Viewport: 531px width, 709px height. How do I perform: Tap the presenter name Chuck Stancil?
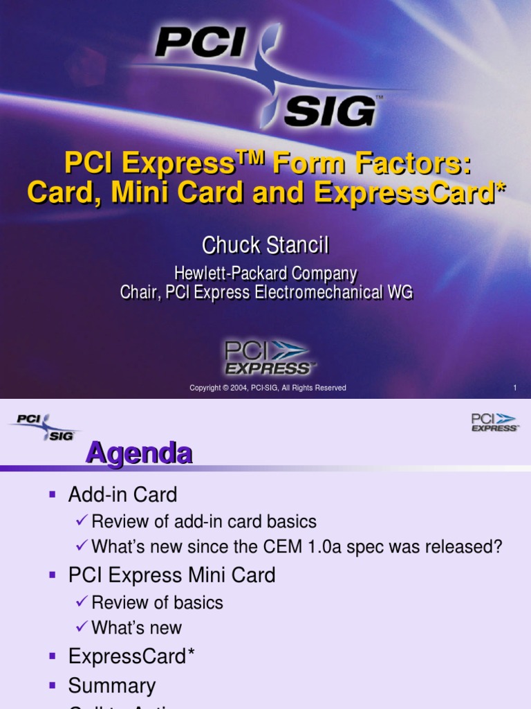(x=265, y=244)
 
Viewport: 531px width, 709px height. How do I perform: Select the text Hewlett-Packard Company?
(x=266, y=273)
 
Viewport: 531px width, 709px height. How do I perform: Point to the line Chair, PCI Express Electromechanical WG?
(x=266, y=292)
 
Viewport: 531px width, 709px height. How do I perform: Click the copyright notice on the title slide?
(x=268, y=388)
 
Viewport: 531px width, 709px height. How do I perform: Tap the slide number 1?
(x=514, y=388)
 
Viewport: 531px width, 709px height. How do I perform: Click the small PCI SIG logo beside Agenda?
(x=44, y=427)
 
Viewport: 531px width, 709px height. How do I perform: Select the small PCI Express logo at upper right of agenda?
(x=494, y=422)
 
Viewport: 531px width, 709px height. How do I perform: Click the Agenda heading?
(x=138, y=454)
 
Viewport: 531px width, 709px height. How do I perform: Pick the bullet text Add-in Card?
(x=122, y=494)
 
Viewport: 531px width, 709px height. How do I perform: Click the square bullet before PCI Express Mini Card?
(x=52, y=575)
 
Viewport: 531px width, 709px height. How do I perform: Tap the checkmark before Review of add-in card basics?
(x=82, y=521)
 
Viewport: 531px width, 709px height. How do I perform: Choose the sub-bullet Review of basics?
(x=157, y=602)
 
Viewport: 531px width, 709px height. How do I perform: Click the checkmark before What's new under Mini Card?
(x=82, y=627)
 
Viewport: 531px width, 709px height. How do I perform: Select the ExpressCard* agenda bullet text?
(x=131, y=656)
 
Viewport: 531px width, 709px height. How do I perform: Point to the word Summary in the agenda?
(x=111, y=686)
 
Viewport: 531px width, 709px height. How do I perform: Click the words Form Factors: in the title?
(x=372, y=163)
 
